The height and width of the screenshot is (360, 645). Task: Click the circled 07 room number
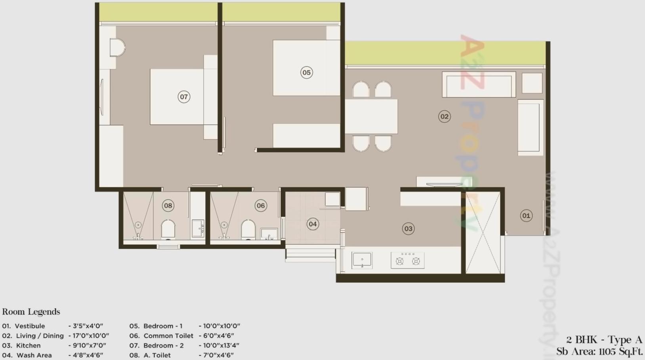point(184,97)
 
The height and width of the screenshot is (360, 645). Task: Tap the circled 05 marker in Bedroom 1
point(306,72)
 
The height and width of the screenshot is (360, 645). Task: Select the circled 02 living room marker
point(445,116)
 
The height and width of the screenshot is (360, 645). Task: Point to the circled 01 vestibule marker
point(526,215)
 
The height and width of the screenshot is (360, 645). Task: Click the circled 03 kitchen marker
point(408,229)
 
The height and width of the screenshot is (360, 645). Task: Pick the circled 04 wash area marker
point(313,224)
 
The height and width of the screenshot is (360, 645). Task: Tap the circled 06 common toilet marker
point(261,206)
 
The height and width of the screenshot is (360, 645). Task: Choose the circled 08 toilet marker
point(168,206)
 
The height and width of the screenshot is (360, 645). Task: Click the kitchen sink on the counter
point(362,260)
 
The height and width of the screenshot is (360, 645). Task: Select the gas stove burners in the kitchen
point(408,261)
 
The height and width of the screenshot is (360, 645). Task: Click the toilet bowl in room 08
point(168,229)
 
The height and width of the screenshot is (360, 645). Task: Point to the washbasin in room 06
point(269,234)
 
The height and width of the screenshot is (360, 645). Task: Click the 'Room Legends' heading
point(31,312)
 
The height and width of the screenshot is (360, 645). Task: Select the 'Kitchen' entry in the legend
point(28,345)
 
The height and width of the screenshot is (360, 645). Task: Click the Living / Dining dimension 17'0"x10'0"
point(91,336)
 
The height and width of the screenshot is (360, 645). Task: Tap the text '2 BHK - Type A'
point(604,340)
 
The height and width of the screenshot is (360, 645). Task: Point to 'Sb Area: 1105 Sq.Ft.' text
point(599,352)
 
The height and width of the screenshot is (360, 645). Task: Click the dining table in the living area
point(371,116)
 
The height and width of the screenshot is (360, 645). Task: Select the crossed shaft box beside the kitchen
point(483,232)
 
